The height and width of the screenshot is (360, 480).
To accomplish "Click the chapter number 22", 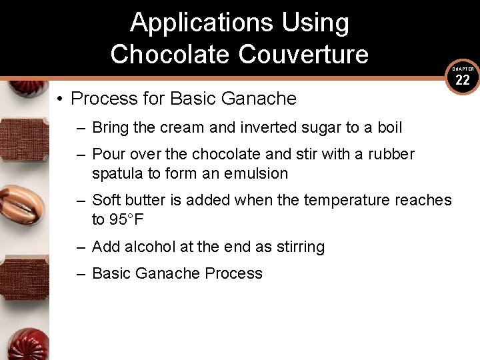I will (x=463, y=81).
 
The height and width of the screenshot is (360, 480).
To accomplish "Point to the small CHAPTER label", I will (x=463, y=69).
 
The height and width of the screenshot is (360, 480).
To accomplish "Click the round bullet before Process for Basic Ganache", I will (x=60, y=99).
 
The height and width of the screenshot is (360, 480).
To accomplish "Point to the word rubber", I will (x=391, y=155).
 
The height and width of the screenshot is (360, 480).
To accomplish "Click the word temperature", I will (x=347, y=200).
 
